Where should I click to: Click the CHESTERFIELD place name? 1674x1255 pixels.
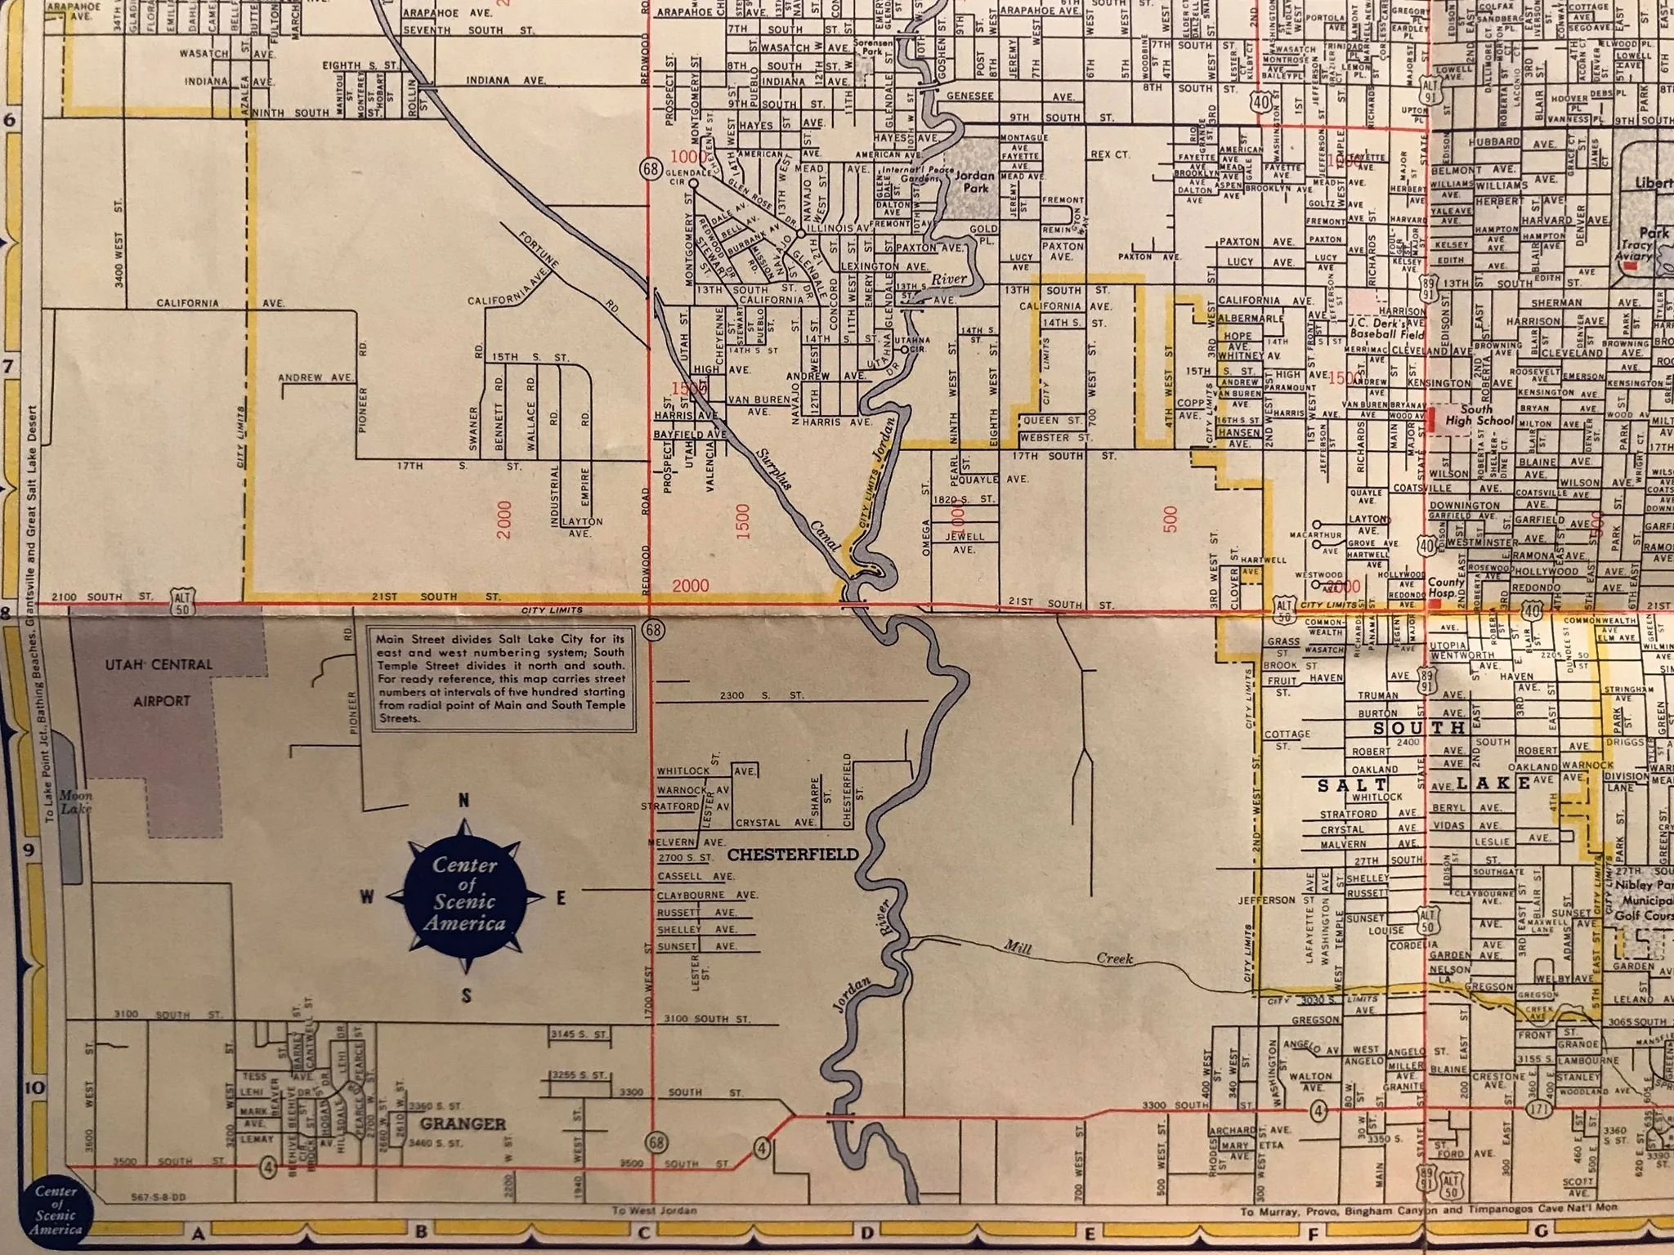point(792,855)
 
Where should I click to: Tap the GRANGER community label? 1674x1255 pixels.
point(462,1124)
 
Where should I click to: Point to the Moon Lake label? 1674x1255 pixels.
point(76,802)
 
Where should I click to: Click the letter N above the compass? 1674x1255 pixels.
point(463,801)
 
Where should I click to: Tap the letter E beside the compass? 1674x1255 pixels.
point(561,899)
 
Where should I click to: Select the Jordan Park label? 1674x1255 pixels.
point(975,181)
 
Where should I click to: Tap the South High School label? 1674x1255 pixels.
point(1479,415)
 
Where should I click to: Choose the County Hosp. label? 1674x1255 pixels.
point(1445,588)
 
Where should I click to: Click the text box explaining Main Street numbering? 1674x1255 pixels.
point(502,679)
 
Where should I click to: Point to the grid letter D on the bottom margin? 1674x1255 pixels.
point(867,1232)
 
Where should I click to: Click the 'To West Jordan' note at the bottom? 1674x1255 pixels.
point(653,1210)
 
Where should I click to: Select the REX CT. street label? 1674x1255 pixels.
point(1109,154)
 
